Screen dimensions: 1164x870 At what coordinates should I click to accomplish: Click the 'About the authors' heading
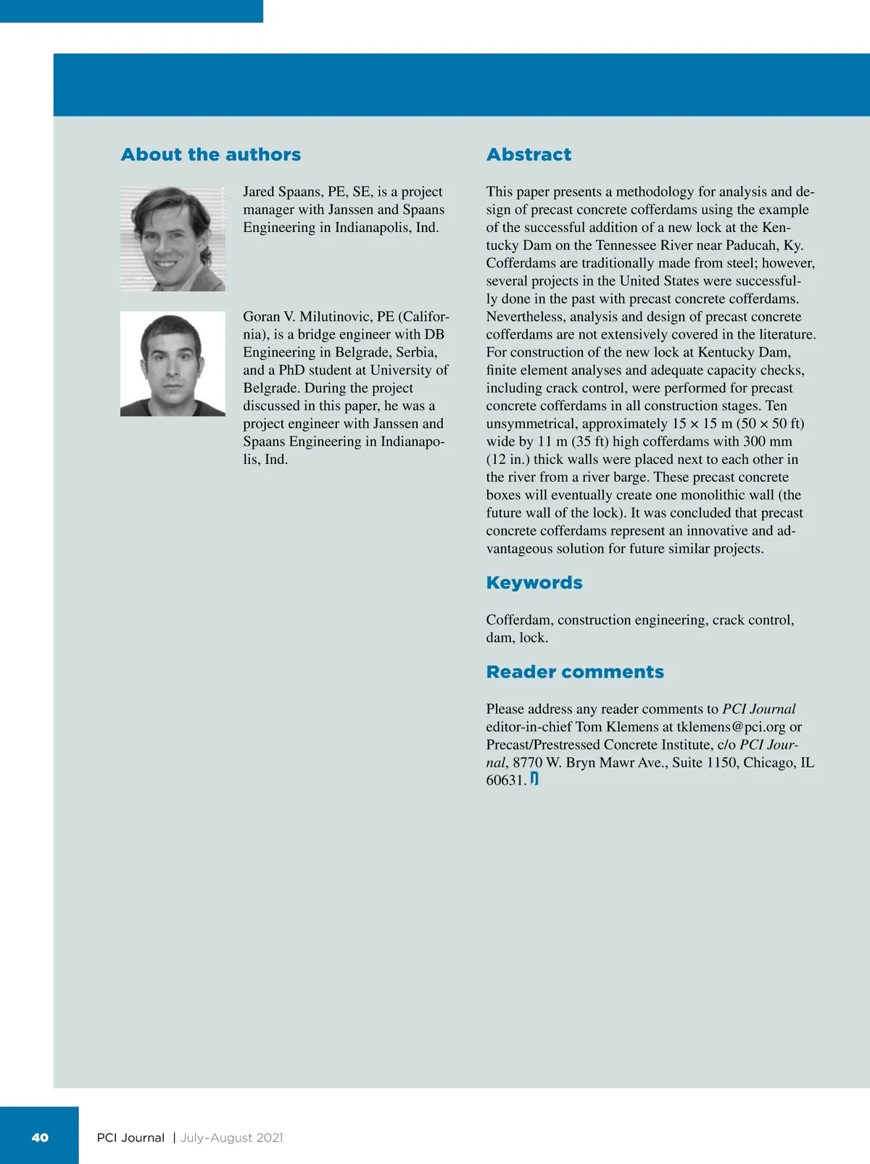pos(210,154)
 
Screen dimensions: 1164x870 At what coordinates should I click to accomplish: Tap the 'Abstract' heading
pos(529,154)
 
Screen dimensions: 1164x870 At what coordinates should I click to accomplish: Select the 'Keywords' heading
pos(534,583)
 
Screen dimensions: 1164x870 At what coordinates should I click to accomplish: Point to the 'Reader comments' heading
pos(575,672)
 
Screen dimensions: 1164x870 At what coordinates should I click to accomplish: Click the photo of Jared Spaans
pos(173,239)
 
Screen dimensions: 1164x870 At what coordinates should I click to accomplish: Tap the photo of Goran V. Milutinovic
pos(173,364)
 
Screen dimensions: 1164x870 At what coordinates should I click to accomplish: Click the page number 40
pos(40,1137)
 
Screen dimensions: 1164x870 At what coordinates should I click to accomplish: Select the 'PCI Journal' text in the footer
pos(130,1138)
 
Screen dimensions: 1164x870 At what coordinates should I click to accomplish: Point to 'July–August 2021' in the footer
pos(231,1138)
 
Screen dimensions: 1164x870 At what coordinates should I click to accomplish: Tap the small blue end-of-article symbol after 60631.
pos(534,779)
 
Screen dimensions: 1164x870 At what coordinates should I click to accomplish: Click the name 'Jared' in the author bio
pos(259,192)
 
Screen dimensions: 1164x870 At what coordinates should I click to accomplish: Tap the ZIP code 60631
pos(506,781)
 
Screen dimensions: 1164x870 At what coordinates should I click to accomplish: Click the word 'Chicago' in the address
pos(768,762)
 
